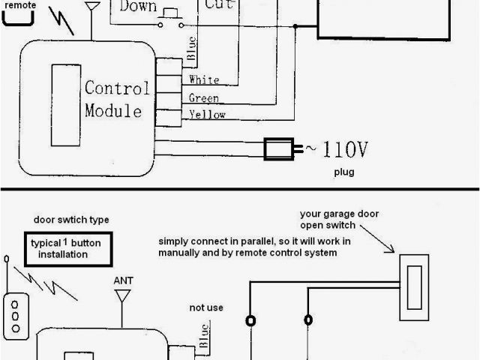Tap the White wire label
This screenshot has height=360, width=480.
(204, 80)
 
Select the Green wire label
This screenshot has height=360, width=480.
(204, 98)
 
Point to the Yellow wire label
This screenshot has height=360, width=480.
(207, 115)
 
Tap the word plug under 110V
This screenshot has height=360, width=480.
(343, 172)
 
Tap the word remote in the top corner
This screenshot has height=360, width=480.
(20, 4)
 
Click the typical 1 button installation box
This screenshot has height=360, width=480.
(69, 249)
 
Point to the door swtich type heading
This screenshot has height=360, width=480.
(71, 220)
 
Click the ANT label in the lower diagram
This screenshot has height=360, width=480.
(123, 281)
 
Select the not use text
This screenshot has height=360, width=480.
(206, 307)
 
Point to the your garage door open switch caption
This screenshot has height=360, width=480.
(339, 219)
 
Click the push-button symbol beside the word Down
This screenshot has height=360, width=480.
(171, 16)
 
